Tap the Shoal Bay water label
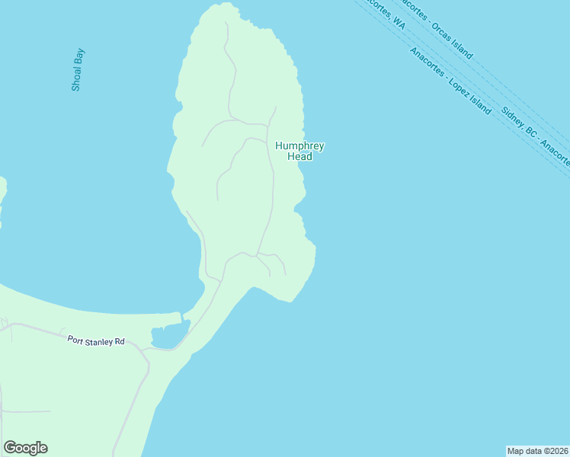pos(77,70)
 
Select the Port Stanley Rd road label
pos(95,340)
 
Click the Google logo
pos(25,448)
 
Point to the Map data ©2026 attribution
pos(537,451)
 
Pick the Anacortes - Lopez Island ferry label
pos(450,81)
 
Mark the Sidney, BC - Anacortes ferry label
pos(535,135)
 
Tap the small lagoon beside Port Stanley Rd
pos(168,334)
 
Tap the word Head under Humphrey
pos(299,157)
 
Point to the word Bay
pos(78,57)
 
